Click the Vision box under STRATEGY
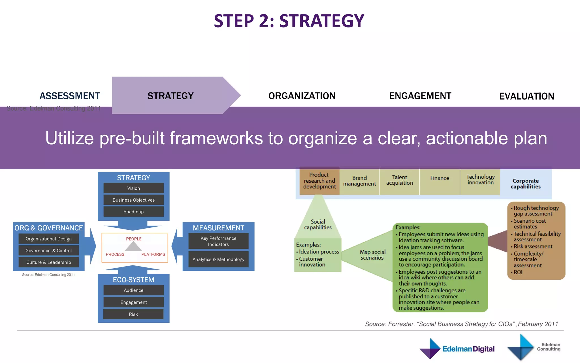point(133,188)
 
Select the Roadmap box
point(133,212)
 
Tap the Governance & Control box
point(48,250)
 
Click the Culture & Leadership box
point(48,262)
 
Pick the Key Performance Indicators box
point(218,241)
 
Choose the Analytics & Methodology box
point(218,259)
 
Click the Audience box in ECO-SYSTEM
point(133,290)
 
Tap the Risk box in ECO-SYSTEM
point(133,314)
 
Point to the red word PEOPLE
point(134,239)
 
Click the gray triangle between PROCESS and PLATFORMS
point(133,247)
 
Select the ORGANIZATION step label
point(302,96)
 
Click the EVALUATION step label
point(526,96)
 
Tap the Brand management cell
point(359,181)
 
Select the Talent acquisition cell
point(399,180)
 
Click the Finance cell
point(440,178)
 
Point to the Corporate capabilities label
point(526,183)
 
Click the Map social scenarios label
point(372,255)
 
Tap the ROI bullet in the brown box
point(518,272)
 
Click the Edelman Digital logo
point(457,349)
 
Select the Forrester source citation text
point(461,324)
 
